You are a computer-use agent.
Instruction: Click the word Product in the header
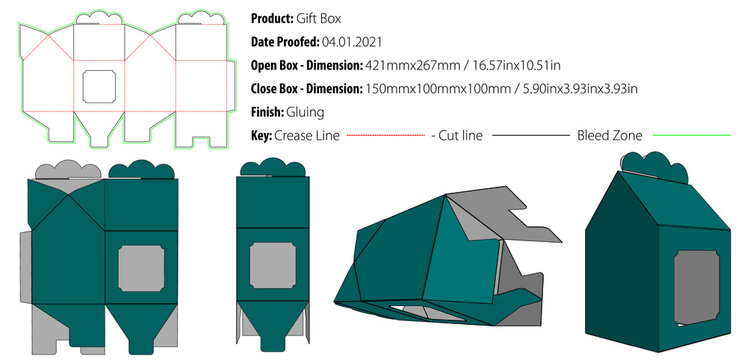coord(270,19)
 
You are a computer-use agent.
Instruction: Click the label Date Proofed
coord(283,42)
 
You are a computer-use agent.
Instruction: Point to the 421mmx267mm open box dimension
coord(407,65)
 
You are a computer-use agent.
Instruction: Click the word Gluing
coord(305,111)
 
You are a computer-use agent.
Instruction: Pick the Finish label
coord(267,111)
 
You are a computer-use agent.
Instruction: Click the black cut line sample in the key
coord(529,135)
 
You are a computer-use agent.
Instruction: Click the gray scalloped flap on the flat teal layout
coord(65,171)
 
